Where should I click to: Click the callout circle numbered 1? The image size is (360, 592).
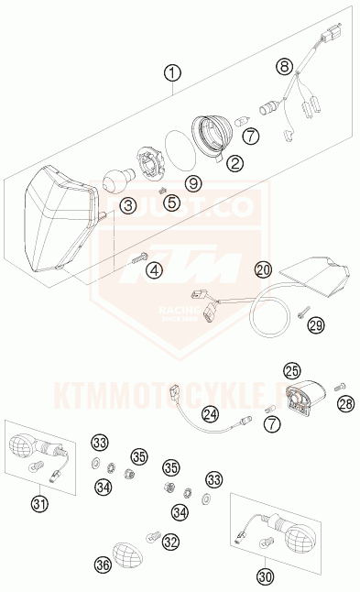click(x=173, y=73)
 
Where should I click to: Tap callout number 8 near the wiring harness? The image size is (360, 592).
click(x=285, y=66)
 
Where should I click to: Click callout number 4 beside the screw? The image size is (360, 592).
click(x=154, y=270)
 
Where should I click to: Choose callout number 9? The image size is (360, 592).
click(x=192, y=183)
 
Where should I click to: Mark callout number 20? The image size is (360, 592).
click(x=264, y=269)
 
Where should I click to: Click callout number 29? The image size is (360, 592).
click(x=316, y=324)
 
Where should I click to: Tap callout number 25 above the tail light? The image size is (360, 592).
click(x=292, y=370)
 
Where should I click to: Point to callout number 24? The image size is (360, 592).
click(x=211, y=414)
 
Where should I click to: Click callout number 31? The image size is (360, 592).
click(x=38, y=502)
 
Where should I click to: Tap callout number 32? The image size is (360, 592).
click(x=170, y=542)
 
